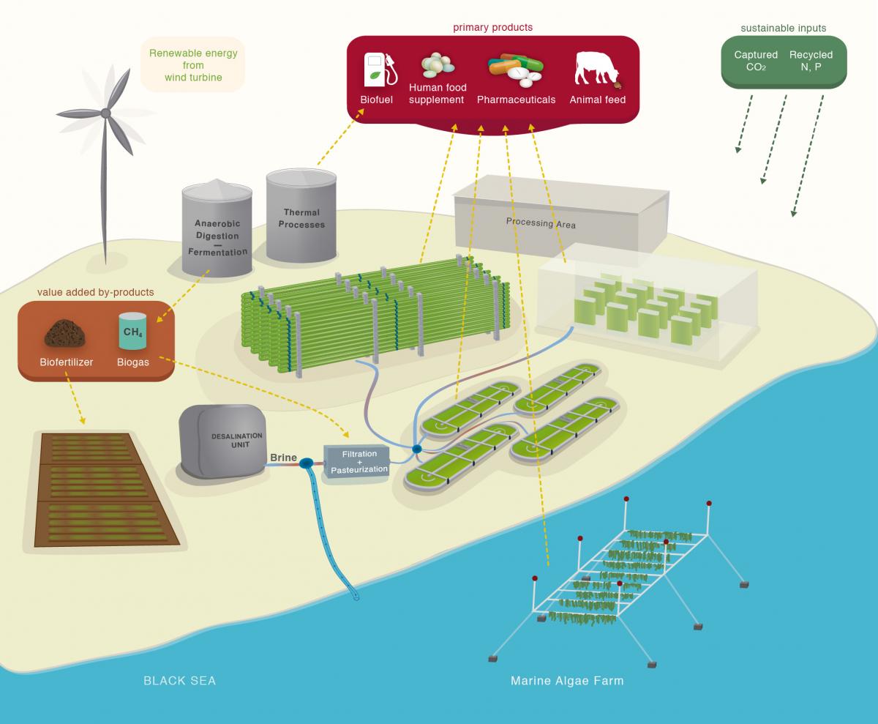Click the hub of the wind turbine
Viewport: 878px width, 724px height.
pyautogui.click(x=105, y=113)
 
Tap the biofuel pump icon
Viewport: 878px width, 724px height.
pyautogui.click(x=380, y=70)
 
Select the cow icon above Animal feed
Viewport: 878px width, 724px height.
pyautogui.click(x=596, y=70)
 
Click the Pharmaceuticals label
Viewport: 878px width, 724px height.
pyautogui.click(x=516, y=100)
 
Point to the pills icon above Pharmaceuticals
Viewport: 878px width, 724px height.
pyautogui.click(x=516, y=69)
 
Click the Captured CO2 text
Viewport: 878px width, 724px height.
pyautogui.click(x=756, y=61)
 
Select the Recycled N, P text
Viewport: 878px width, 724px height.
pyautogui.click(x=811, y=61)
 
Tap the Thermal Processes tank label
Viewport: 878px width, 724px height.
pyautogui.click(x=301, y=219)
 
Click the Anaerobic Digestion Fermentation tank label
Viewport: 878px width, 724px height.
pyautogui.click(x=217, y=237)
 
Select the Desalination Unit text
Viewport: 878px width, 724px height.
pyautogui.click(x=231, y=440)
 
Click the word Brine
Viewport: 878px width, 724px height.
pyautogui.click(x=283, y=458)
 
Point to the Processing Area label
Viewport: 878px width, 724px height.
pyautogui.click(x=541, y=223)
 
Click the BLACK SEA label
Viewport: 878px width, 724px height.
pyautogui.click(x=179, y=681)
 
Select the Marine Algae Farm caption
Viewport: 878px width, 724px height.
pyautogui.click(x=567, y=681)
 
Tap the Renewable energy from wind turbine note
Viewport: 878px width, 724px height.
pyautogui.click(x=193, y=65)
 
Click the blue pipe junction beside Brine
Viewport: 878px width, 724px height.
pyautogui.click(x=306, y=463)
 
